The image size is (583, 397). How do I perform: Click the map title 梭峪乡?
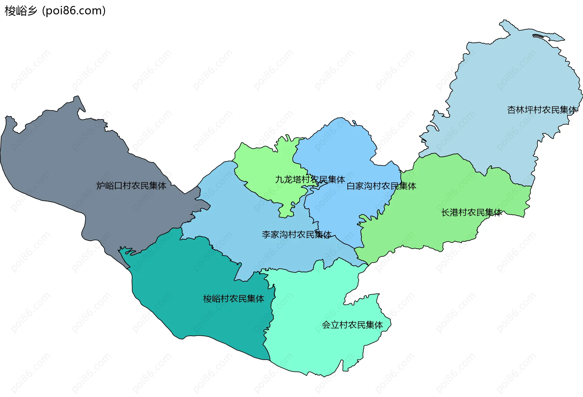pos(21,11)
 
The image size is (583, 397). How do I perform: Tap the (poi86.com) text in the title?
pos(74,11)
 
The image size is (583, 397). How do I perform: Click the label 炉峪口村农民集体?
pos(131,186)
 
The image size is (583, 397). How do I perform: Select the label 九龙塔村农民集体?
pos(310,180)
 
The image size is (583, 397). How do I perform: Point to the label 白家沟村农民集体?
pos(381,186)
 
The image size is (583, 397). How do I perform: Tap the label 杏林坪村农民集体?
pos(542,110)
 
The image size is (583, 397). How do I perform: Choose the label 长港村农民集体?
pos(472,213)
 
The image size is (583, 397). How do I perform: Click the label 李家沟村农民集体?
pos(297,234)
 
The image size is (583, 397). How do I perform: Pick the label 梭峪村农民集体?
pos(234,299)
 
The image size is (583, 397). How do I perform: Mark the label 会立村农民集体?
pos(352,325)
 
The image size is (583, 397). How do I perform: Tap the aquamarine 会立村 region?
pos(319,349)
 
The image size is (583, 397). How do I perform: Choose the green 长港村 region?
pos(440,188)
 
